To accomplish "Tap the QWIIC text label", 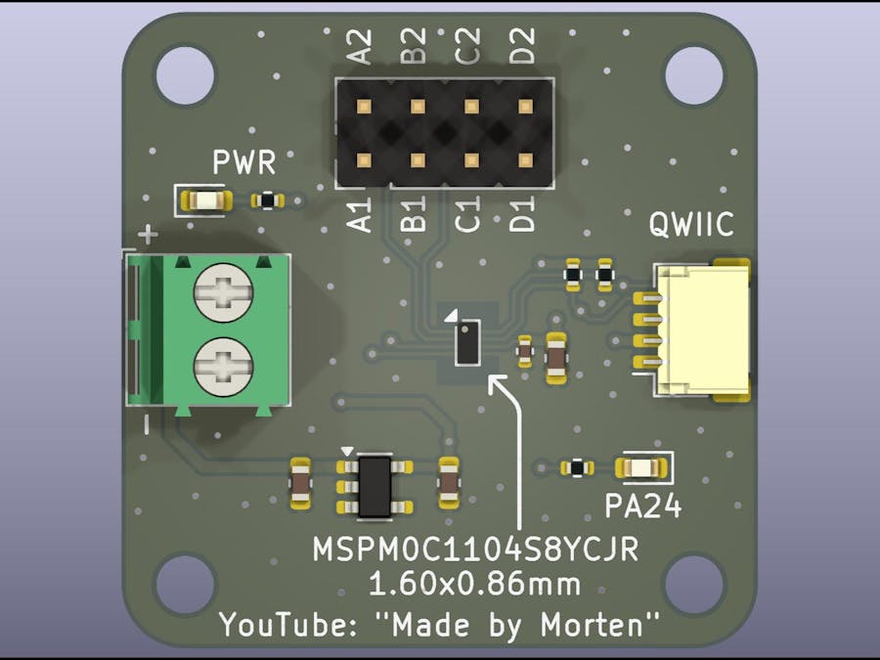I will pos(691,225).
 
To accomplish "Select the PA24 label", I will pos(642,506).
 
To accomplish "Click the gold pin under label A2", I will pos(363,106).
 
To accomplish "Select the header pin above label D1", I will pos(525,159).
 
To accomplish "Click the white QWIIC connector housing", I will pos(702,332).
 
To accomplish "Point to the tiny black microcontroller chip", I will pos(468,343).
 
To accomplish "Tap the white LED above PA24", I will pos(641,467).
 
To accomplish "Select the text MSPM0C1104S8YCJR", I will pos(475,550).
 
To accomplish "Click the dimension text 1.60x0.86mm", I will pos(474,585).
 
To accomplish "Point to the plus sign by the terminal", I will pos(148,235).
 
